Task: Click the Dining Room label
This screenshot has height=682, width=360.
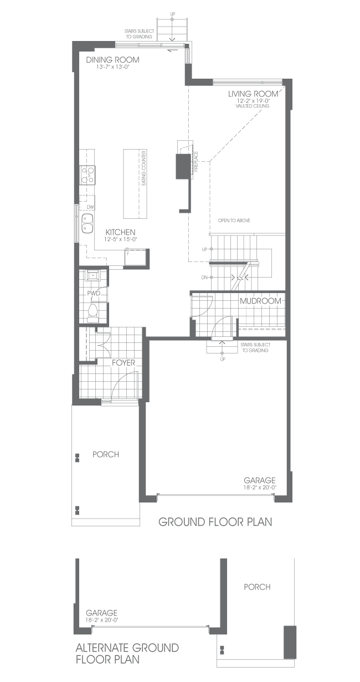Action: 113,60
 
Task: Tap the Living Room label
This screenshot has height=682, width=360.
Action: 253,94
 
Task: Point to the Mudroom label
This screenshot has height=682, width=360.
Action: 260,301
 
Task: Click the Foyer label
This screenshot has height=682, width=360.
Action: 124,363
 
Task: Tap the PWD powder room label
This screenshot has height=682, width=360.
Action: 94,293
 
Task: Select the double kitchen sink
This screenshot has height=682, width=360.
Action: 88,223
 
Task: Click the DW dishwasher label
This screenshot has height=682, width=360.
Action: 90,207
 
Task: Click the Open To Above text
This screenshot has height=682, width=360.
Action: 234,221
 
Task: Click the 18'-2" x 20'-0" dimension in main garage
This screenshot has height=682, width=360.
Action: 260,488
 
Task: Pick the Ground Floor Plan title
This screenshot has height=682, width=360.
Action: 215,522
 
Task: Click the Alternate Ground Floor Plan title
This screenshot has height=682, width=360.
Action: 127,654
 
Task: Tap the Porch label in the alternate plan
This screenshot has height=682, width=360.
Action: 257,587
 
